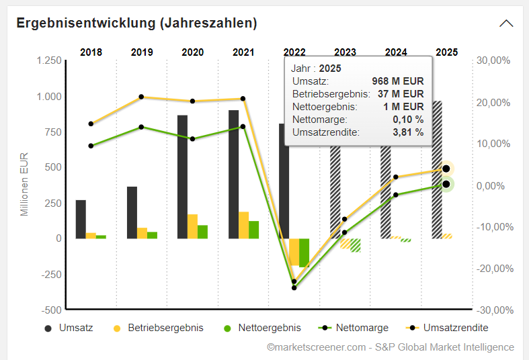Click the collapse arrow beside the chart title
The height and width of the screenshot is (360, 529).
[506, 23]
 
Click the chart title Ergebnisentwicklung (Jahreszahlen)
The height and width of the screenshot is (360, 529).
[136, 23]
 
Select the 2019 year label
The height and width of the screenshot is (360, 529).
[142, 52]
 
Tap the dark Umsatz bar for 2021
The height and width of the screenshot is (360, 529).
[233, 174]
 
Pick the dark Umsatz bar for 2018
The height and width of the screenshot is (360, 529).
[81, 219]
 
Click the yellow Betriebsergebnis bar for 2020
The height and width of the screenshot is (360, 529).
[192, 226]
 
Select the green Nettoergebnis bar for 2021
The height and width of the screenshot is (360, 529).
[253, 230]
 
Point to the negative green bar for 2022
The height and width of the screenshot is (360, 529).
[304, 253]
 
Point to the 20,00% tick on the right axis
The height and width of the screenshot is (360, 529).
[493, 102]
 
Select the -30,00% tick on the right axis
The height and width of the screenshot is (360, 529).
[493, 310]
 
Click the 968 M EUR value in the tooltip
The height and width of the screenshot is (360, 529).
[398, 81]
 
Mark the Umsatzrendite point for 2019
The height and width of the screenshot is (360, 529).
[141, 97]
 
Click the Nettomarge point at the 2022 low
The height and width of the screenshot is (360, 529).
[294, 287]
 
